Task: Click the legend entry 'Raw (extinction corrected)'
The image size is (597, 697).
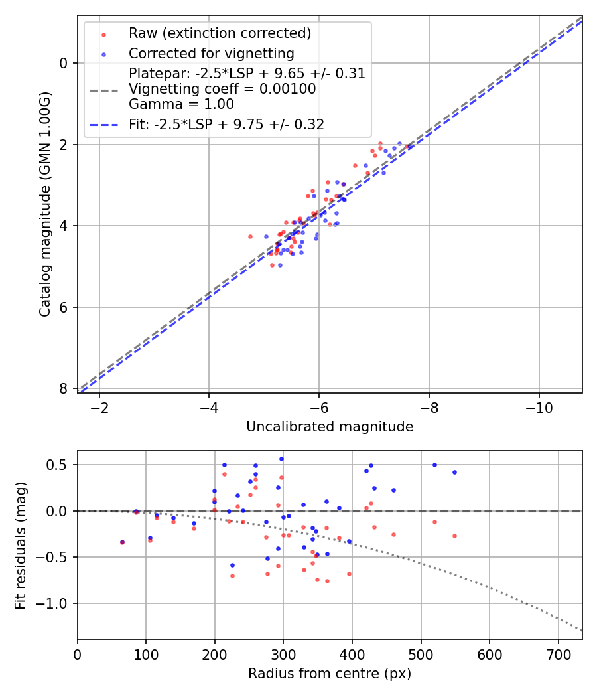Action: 220,33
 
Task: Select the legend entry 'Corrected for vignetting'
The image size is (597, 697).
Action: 211,53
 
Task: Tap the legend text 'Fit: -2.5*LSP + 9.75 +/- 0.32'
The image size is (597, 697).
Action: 226,124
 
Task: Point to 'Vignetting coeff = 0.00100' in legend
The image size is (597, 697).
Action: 222,89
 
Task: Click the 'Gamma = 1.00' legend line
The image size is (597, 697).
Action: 181,104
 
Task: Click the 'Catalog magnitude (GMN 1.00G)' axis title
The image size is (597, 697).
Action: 44,203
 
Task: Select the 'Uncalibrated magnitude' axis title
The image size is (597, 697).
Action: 330,427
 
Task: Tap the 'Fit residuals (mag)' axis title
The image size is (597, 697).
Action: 20,545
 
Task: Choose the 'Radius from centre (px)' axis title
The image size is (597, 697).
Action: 330,674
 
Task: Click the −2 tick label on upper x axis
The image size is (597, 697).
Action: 99,406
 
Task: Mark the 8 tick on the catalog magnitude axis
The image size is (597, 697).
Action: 64,388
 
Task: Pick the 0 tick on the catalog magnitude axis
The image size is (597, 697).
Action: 64,63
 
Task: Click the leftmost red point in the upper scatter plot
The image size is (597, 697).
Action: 250,236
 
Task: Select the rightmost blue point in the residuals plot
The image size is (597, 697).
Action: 454,473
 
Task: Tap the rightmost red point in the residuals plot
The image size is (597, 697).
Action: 454,536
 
